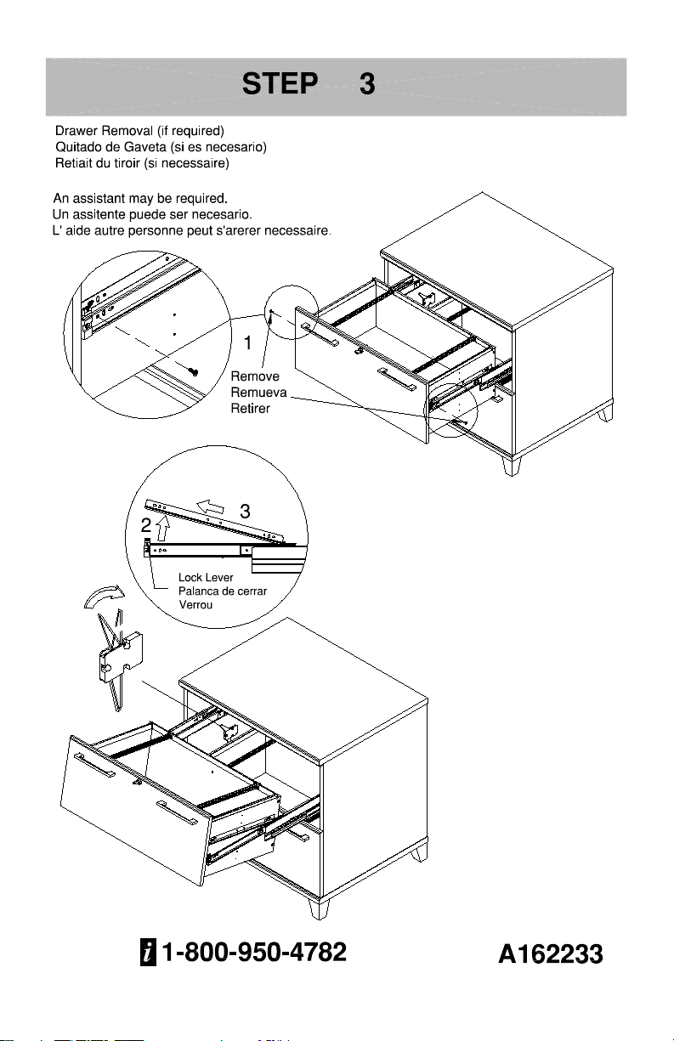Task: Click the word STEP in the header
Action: point(280,83)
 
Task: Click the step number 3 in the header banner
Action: point(367,84)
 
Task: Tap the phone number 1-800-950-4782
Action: point(254,952)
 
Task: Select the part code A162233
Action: point(551,954)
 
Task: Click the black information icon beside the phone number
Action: point(148,953)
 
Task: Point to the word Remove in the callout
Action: point(255,376)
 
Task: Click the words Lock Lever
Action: point(206,577)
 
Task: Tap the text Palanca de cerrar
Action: point(223,591)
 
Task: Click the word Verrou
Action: point(195,604)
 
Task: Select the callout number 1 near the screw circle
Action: point(247,343)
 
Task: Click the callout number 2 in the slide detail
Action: point(146,525)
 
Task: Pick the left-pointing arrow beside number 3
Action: point(210,506)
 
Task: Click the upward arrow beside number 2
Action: point(162,528)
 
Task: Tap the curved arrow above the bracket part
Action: point(105,594)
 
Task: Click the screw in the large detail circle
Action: point(193,371)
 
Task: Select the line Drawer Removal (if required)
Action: point(139,131)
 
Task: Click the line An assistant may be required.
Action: point(140,199)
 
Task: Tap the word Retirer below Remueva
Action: point(251,409)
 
